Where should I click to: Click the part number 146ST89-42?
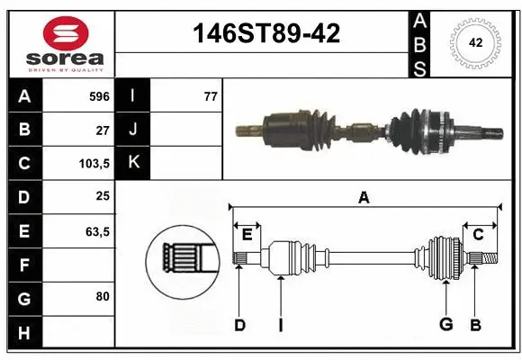coord(267,34)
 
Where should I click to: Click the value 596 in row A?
coord(99,95)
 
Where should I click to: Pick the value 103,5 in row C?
coord(94,164)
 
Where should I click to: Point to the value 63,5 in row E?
coord(96,231)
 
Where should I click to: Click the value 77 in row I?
coord(210,95)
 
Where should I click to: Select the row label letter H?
coord(24,332)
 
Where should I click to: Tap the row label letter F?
coord(24,265)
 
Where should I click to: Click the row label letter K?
coord(132,163)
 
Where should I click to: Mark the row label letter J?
coord(132,130)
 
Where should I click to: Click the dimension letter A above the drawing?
coord(364,198)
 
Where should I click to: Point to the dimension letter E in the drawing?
coord(247,235)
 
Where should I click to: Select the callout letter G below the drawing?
coord(445,325)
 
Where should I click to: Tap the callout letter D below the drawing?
coord(239,325)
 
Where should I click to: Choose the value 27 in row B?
coord(102,130)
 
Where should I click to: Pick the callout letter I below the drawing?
coord(280,325)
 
